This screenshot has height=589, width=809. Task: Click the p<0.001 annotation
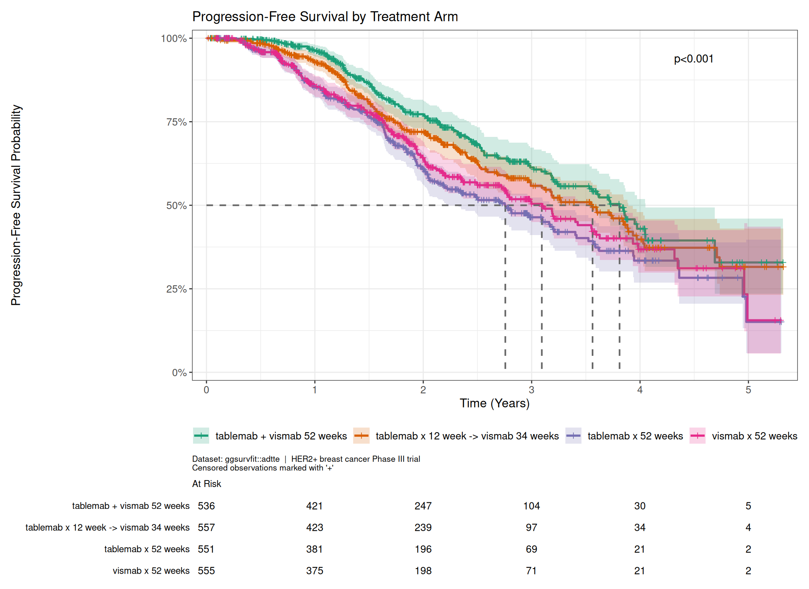(693, 59)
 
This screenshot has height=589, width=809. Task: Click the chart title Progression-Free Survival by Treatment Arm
(325, 16)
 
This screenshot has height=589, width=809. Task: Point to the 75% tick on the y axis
(190, 122)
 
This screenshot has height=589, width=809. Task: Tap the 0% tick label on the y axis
(179, 372)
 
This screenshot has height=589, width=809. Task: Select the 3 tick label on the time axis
(531, 390)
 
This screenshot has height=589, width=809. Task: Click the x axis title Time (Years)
(495, 403)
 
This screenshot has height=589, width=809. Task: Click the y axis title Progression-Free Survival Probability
(16, 205)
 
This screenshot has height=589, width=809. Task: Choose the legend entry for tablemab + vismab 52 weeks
(270, 436)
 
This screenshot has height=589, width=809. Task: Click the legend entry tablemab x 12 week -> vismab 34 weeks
(456, 436)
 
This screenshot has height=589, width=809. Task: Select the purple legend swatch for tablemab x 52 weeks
(573, 436)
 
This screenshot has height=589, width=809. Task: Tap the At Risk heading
(206, 484)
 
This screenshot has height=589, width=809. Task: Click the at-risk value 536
(206, 506)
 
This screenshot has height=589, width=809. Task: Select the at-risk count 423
(314, 527)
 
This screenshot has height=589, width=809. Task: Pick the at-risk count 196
(423, 549)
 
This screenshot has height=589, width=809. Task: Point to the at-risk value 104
(531, 506)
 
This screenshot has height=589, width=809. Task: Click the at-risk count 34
(640, 527)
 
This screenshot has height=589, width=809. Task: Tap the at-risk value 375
(314, 571)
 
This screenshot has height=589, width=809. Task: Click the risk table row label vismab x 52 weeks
(151, 571)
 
